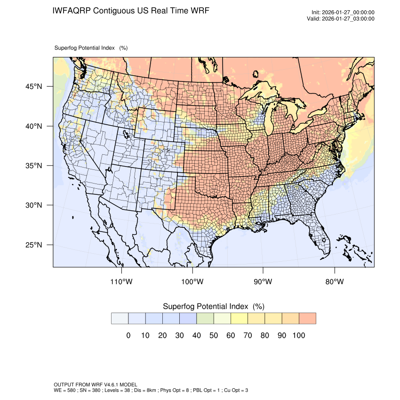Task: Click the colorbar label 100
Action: click(298, 336)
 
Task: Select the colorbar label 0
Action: click(128, 336)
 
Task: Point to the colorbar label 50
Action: click(213, 336)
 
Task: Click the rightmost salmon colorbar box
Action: click(307, 319)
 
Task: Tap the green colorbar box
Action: click(205, 319)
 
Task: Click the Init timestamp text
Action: click(343, 12)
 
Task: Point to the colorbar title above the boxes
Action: click(213, 306)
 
